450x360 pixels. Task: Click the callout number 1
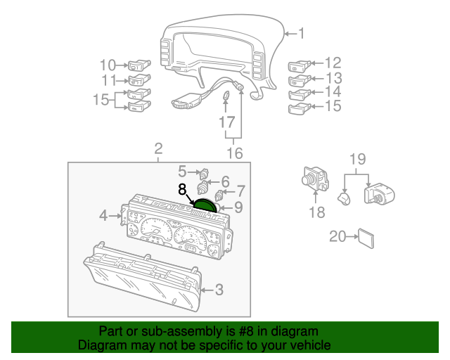point(301,33)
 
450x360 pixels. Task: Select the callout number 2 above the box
point(159,148)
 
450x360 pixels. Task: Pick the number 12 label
point(333,63)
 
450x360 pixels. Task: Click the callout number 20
point(337,237)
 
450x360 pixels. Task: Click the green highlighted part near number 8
point(204,205)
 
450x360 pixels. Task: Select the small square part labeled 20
point(366,237)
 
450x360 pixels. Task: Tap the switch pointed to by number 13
point(298,80)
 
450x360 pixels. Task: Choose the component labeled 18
point(314,179)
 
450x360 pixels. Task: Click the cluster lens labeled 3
point(141,281)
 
